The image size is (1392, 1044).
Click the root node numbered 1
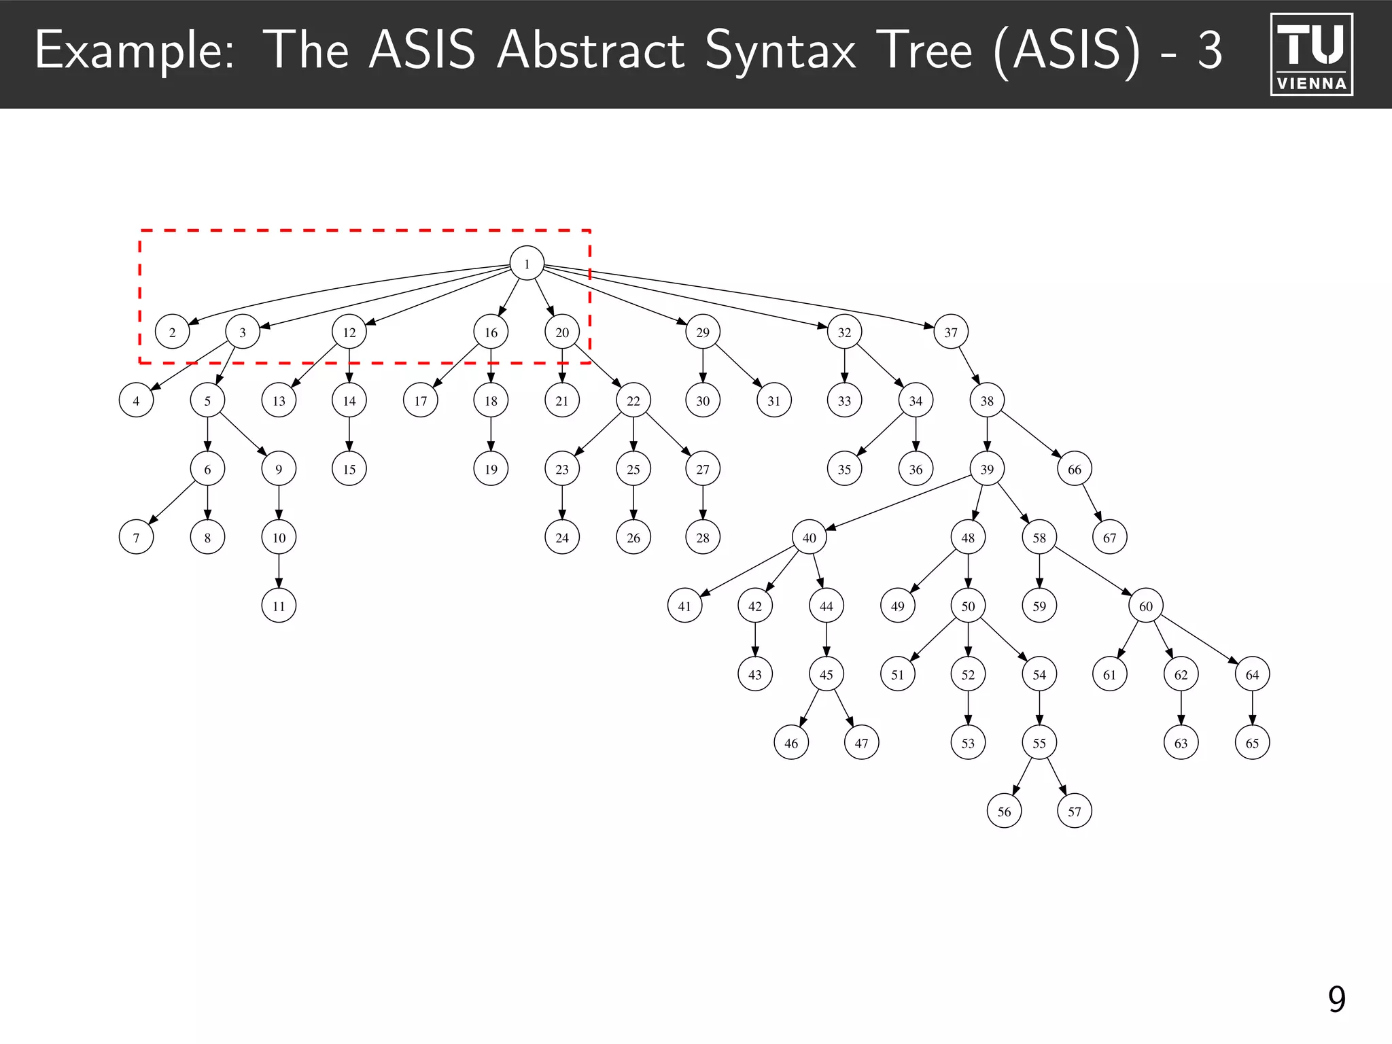tap(527, 263)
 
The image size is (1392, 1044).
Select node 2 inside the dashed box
tap(172, 332)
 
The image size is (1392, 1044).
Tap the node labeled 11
tap(279, 606)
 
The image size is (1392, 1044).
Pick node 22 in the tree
tap(633, 400)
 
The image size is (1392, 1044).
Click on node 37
tap(951, 332)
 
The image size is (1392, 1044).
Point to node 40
tap(809, 538)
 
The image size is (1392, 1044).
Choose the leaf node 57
tap(1075, 811)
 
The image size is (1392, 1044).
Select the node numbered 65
tap(1252, 742)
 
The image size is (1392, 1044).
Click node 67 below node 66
tap(1110, 538)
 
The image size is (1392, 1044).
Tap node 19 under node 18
tap(491, 469)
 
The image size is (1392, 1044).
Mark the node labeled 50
tap(968, 606)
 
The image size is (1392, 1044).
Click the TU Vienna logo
tap(1311, 54)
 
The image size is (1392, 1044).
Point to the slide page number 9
tap(1336, 999)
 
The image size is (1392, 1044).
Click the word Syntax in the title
tap(780, 51)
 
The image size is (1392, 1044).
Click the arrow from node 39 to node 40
tap(897, 503)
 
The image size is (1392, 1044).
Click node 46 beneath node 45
tap(791, 742)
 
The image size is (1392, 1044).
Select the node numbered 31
tap(773, 400)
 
